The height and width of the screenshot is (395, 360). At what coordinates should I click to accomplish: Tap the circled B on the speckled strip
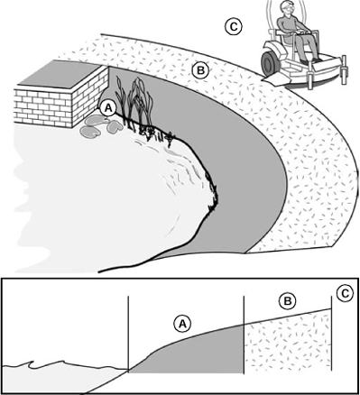200,71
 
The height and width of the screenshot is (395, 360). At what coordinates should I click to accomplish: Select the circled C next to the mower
234,27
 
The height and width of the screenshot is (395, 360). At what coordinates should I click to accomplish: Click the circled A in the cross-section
183,324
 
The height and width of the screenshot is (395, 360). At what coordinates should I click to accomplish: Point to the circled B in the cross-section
288,301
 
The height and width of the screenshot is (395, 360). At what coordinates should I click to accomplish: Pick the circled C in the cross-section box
345,294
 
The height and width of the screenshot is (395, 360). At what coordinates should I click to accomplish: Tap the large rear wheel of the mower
268,62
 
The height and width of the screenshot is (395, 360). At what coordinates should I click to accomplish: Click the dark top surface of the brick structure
60,74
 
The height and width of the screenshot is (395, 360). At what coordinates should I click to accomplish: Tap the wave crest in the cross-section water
32,364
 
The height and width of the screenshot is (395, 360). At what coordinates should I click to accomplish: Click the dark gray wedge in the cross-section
192,352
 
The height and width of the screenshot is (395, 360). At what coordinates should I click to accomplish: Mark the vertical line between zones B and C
331,334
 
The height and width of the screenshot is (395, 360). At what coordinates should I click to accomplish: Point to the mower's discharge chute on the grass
276,78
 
